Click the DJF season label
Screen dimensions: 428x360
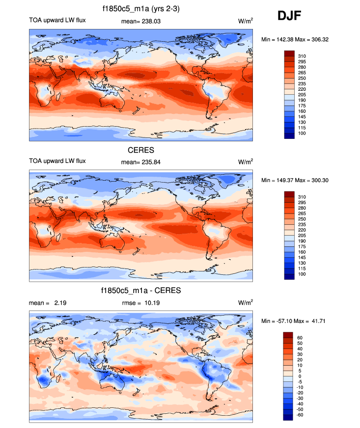[x=289, y=16]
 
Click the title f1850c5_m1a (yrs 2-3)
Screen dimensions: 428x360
[x=141, y=9]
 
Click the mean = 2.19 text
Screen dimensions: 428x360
[x=48, y=303]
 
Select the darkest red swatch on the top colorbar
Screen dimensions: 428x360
[x=289, y=53]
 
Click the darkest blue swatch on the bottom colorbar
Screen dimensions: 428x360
[x=289, y=418]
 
